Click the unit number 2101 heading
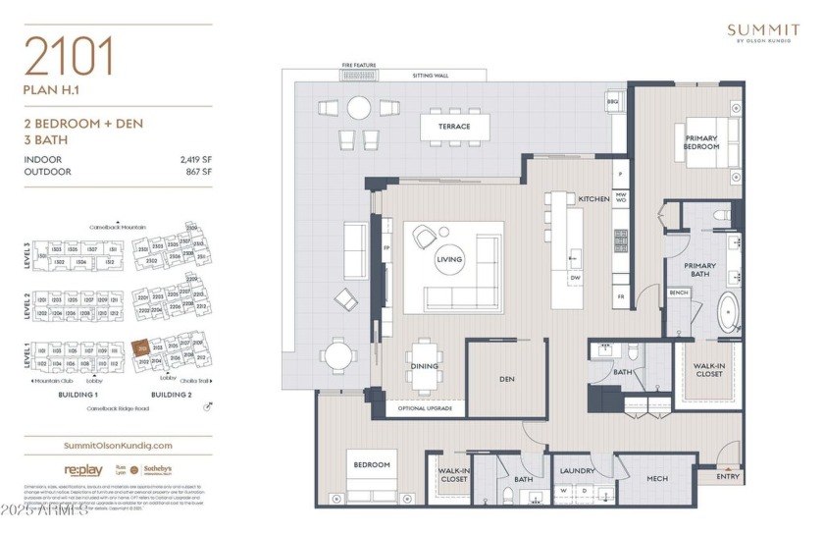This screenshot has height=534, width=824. click(x=70, y=58)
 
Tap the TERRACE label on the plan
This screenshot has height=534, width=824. click(x=454, y=126)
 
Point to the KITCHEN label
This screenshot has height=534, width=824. click(x=593, y=198)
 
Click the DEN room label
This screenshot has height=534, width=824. click(x=506, y=379)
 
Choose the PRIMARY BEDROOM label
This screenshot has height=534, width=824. click(x=701, y=142)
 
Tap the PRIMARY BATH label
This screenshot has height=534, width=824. click(x=699, y=270)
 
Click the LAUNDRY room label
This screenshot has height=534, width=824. click(x=578, y=470)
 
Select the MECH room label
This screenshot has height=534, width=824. click(x=656, y=479)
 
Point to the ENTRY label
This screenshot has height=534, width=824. click(x=728, y=477)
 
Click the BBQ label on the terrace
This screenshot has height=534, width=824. click(x=613, y=101)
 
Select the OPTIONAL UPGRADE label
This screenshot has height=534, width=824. click(x=425, y=407)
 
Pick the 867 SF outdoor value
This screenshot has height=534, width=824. click(x=196, y=172)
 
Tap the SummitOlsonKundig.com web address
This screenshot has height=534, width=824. click(x=117, y=446)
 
